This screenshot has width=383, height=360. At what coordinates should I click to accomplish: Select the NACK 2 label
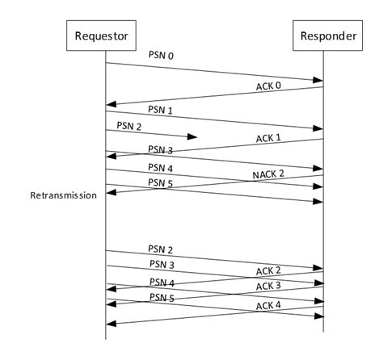(268, 174)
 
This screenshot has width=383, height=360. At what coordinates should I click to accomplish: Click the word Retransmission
(63, 195)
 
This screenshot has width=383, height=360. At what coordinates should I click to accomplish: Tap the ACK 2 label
(269, 270)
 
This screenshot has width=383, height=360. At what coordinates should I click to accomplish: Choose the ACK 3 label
(269, 286)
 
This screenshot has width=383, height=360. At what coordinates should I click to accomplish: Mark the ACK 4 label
(269, 305)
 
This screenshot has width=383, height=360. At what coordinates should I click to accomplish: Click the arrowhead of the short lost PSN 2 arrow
(192, 138)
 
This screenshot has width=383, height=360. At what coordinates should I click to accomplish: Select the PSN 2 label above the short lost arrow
(130, 126)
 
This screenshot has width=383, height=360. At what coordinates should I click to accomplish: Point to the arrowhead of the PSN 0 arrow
(318, 79)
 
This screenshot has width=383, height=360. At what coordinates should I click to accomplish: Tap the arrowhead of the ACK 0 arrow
(112, 103)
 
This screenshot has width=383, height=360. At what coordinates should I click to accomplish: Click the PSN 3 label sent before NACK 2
(162, 149)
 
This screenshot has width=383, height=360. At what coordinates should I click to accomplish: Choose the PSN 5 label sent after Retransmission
(162, 297)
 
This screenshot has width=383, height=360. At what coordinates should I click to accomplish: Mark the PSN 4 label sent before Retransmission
(162, 167)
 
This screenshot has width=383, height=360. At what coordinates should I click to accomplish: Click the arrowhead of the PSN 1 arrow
(318, 128)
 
